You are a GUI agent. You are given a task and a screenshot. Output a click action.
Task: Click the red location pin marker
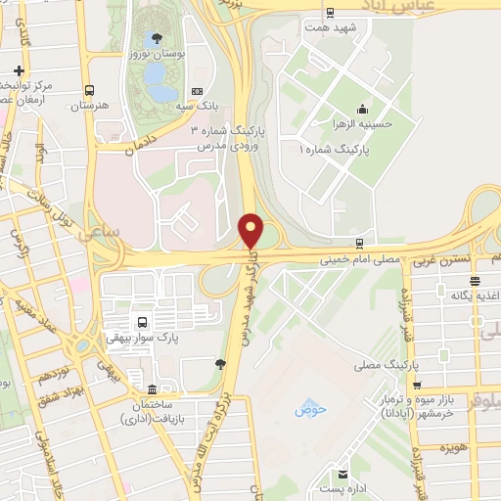click(x=250, y=230)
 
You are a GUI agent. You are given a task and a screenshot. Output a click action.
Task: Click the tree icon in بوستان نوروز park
click(x=158, y=38)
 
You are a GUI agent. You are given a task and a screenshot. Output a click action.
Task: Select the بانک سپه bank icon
click(x=198, y=92)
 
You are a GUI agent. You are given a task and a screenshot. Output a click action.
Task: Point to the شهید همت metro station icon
click(x=330, y=14)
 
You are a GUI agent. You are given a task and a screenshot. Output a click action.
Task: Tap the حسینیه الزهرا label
click(x=363, y=123)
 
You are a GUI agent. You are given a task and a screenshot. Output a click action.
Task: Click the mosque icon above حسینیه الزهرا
click(x=363, y=109)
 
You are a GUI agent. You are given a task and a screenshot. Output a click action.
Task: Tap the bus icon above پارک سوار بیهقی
click(x=144, y=322)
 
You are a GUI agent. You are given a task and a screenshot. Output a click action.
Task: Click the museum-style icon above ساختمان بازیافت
click(x=150, y=387)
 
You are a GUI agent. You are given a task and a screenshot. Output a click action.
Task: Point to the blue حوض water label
click(x=309, y=408)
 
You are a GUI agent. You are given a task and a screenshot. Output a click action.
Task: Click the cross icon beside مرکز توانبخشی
click(x=20, y=70)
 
